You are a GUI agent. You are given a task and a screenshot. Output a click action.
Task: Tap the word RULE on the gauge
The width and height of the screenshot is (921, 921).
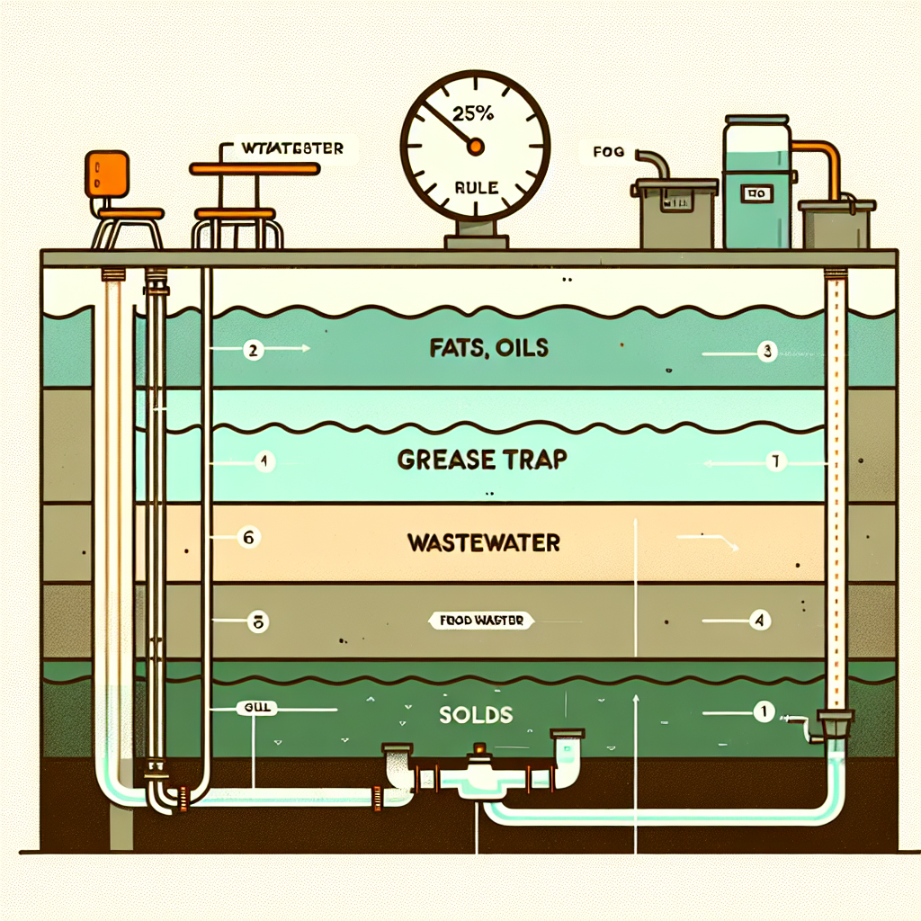click(x=474, y=189)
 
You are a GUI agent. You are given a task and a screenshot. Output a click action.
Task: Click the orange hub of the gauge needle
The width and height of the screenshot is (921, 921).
click(x=476, y=146)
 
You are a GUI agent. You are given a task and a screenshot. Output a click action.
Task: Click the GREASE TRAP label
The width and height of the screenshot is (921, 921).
click(x=482, y=460)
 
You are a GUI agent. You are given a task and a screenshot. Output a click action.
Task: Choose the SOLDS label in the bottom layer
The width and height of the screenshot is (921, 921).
click(x=477, y=716)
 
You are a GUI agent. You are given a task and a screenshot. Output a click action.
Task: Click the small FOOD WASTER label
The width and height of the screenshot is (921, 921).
click(x=481, y=621)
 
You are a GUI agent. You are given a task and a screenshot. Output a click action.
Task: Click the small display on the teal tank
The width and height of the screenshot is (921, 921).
click(x=754, y=193)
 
